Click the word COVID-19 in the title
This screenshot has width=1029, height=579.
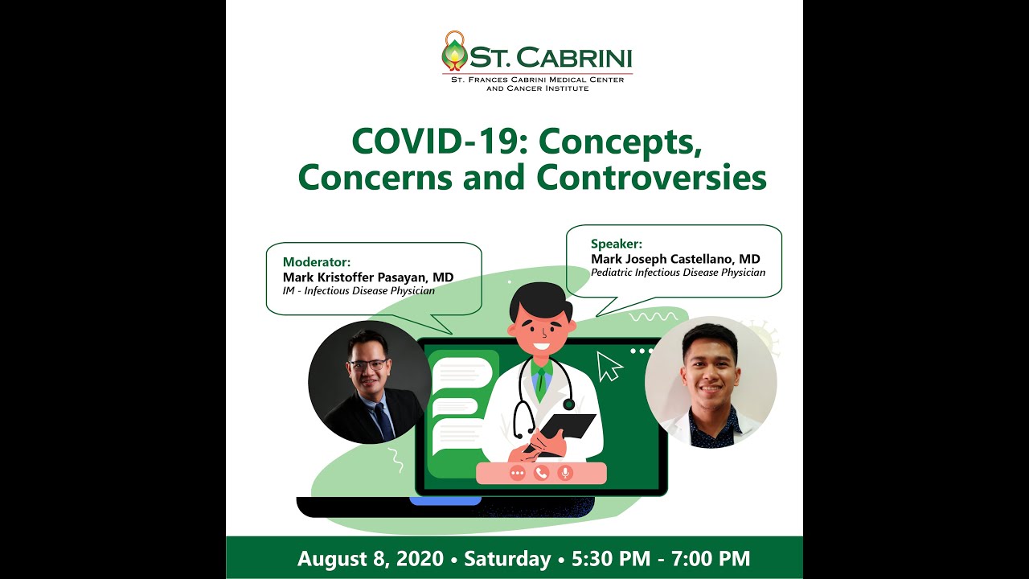(x=433, y=142)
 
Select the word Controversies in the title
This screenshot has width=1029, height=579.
(x=651, y=178)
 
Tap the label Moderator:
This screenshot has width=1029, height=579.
(x=317, y=262)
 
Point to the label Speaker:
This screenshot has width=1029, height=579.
(x=617, y=244)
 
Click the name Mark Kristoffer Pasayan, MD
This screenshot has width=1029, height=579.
(x=368, y=277)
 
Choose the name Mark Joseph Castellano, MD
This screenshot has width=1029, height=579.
(x=675, y=259)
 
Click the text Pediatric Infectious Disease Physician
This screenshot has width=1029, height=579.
(x=678, y=273)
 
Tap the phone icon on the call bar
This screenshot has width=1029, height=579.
(x=541, y=473)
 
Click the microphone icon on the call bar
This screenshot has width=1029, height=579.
(x=565, y=473)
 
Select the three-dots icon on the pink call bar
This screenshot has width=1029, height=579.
(x=517, y=473)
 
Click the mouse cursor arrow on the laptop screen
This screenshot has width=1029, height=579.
(x=609, y=366)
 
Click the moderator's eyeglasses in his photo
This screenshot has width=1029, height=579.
(x=368, y=365)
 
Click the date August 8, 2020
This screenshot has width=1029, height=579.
(x=371, y=559)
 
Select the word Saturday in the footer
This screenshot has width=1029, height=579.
(x=507, y=559)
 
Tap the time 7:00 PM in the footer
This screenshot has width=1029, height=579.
(x=711, y=558)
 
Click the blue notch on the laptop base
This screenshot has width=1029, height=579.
(x=445, y=501)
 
